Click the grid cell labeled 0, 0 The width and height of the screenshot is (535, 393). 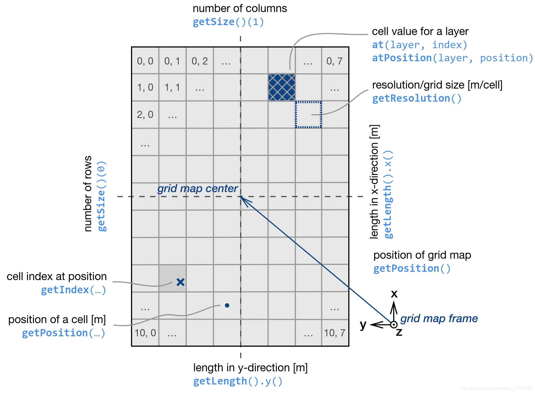[x=145, y=61]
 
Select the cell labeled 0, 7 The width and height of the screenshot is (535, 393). [x=335, y=61]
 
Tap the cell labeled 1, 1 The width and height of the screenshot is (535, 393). [x=172, y=87]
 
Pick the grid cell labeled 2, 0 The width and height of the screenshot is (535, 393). [x=145, y=115]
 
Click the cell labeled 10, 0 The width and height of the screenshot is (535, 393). [x=145, y=333]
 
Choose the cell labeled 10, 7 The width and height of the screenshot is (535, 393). [x=335, y=333]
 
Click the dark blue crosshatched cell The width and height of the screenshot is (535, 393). [x=282, y=87]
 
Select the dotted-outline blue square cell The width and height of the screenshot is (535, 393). [x=308, y=115]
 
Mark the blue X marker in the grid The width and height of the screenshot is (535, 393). [x=181, y=282]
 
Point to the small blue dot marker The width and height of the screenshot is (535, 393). [x=227, y=305]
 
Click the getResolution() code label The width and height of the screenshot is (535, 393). [x=417, y=98]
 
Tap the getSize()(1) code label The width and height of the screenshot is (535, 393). [x=228, y=22]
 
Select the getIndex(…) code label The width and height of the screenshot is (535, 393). [x=73, y=290]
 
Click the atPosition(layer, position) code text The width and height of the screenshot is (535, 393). [x=452, y=58]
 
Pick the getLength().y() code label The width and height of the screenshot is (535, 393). [x=238, y=381]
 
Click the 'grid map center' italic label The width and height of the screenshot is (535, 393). [x=197, y=189]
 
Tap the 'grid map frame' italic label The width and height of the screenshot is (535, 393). [x=439, y=319]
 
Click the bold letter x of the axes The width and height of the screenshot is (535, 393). [x=394, y=294]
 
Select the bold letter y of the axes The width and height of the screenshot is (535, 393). [x=363, y=325]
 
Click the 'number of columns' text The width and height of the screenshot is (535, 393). [x=240, y=9]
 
